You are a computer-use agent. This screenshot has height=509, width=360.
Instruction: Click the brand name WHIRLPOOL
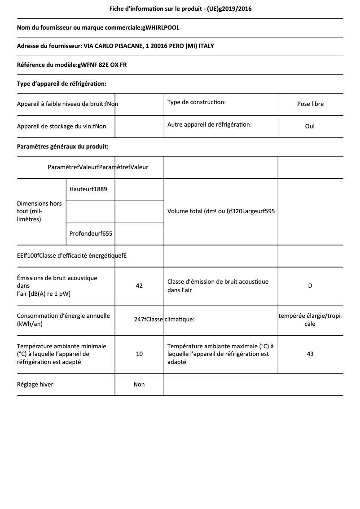[x=162, y=28]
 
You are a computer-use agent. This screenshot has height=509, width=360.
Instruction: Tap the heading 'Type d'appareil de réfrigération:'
[x=61, y=83]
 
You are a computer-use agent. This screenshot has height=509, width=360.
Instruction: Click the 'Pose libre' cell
[x=310, y=104]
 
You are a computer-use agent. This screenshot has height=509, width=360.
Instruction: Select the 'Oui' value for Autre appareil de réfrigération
[x=310, y=127]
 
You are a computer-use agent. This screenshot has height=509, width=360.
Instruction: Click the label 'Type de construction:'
[x=197, y=102]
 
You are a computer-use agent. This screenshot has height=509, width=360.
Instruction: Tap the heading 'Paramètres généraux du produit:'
[x=62, y=146]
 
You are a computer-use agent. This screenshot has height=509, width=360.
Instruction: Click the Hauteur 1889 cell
[x=88, y=189]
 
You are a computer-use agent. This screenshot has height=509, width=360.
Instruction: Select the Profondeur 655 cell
[x=91, y=233]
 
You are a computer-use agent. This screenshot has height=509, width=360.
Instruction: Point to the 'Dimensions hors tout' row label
[x=40, y=211]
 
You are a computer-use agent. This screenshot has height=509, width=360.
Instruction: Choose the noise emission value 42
[x=139, y=286]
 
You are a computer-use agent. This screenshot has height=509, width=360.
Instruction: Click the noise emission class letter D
[x=310, y=286]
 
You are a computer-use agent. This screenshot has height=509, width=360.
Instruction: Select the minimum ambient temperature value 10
[x=139, y=354]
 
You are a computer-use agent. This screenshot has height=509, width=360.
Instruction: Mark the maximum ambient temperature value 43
[x=310, y=354]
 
